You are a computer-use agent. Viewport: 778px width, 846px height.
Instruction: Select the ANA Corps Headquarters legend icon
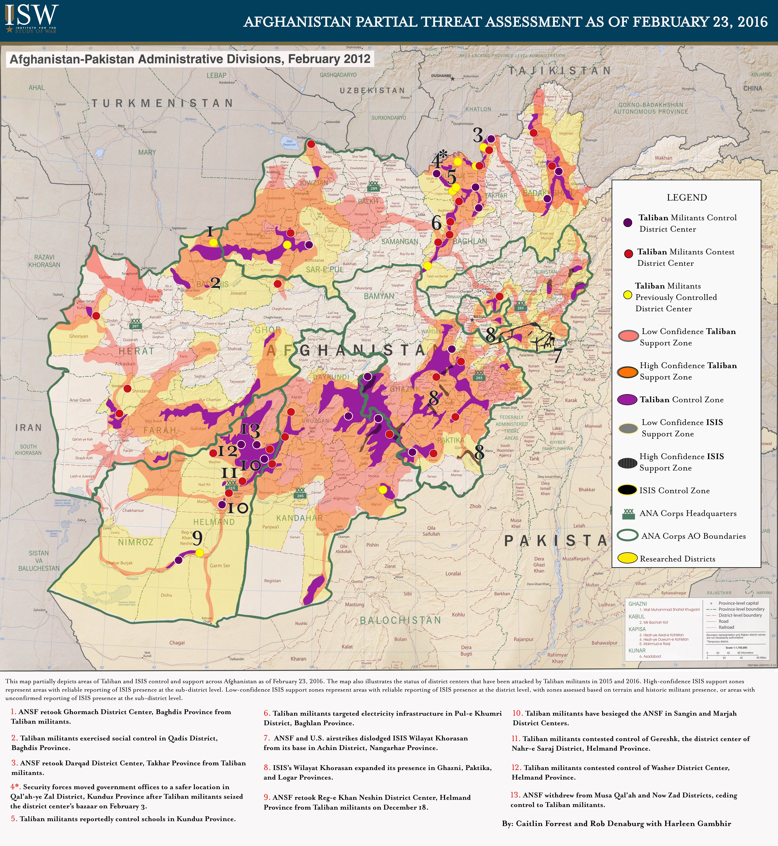point(629,513)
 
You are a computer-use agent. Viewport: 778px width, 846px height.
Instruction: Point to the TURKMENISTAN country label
point(162,103)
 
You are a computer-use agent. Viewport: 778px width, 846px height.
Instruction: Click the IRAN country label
point(29,428)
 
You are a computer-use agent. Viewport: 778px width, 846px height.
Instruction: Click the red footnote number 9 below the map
point(266,797)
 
